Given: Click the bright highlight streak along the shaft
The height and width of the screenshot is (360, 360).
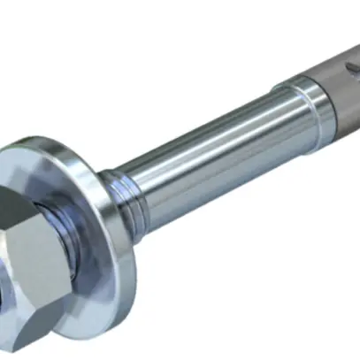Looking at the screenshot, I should click(221, 128).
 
